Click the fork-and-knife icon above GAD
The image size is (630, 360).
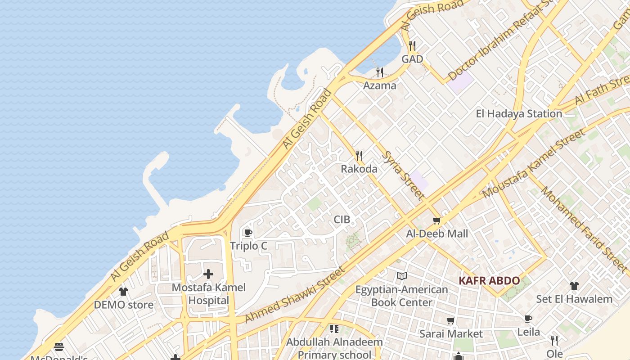412,46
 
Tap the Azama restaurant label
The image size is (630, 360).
380,85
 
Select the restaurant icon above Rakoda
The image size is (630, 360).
359,156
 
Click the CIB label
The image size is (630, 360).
342,220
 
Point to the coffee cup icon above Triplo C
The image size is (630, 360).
247,233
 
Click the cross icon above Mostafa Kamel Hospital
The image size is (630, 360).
208,274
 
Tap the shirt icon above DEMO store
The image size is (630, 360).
123,292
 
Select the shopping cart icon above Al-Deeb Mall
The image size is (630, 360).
436,221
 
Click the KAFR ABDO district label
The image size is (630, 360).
489,281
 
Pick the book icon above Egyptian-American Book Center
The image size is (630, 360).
401,276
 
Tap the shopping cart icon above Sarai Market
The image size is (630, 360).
450,321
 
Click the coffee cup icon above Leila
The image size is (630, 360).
528,319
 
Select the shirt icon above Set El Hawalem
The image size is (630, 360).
574,286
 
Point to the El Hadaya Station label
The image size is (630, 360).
519,114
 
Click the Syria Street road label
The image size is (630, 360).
403,175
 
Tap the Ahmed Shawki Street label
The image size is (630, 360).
295,295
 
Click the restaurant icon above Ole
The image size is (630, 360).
554,341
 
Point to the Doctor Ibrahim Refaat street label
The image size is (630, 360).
499,41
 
